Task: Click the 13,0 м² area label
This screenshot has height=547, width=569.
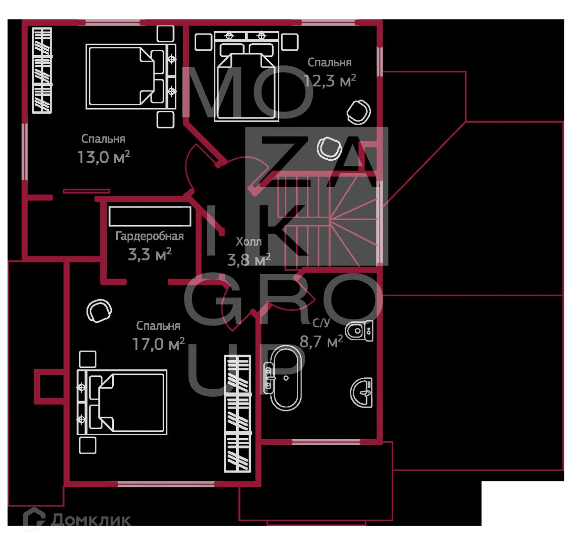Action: coord(103,157)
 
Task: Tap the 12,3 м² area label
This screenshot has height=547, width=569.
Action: coord(330,81)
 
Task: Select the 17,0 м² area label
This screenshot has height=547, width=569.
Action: coord(158,344)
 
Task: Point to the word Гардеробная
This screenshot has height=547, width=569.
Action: coord(149,236)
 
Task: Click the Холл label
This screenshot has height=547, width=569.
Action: coord(248,242)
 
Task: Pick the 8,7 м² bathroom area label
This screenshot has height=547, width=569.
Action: coord(321,341)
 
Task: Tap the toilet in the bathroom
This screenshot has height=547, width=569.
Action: coord(359,330)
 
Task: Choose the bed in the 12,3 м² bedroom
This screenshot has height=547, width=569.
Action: coord(244,81)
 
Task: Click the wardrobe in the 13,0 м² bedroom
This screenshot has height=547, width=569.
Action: coord(42,70)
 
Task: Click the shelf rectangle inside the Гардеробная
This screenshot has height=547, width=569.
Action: coord(149,216)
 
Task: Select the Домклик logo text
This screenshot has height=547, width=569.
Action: coord(90,520)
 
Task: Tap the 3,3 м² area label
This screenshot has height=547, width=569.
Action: coord(149,255)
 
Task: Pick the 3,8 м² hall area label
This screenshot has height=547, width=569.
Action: coord(249,259)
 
